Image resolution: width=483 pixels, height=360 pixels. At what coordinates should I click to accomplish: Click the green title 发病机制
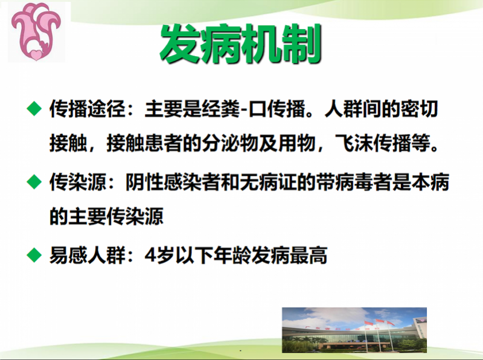click(x=240, y=43)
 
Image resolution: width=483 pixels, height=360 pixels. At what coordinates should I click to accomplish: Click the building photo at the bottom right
click(x=354, y=330)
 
